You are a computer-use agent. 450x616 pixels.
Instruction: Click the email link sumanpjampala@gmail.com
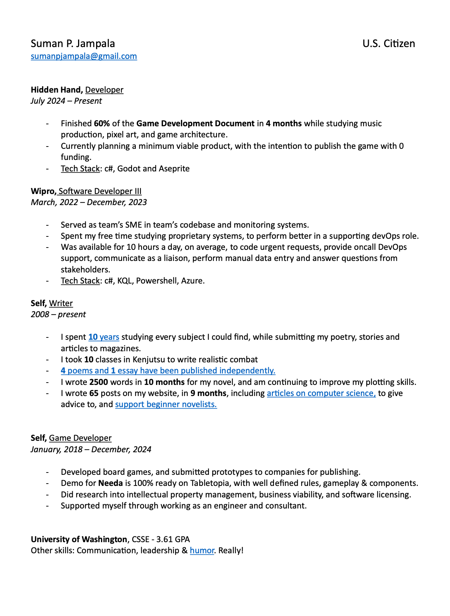click(x=84, y=56)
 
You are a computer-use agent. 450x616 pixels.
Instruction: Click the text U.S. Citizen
click(x=388, y=44)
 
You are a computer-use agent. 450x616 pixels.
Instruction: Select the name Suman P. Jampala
click(x=73, y=44)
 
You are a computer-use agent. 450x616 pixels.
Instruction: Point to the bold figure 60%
click(x=102, y=124)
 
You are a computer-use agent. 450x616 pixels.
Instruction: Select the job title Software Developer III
click(x=100, y=191)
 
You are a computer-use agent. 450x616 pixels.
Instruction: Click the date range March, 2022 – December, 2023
click(x=89, y=202)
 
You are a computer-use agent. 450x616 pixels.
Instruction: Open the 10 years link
click(x=104, y=337)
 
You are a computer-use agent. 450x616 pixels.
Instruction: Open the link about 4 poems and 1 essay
click(x=168, y=371)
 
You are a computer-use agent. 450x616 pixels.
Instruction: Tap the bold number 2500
click(x=99, y=382)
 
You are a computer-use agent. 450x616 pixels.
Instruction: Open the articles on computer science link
click(x=321, y=393)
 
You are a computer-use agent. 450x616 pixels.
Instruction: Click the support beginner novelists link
click(x=166, y=404)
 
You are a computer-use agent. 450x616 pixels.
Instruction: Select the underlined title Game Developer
click(x=80, y=438)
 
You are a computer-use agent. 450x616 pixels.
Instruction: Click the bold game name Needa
click(x=111, y=483)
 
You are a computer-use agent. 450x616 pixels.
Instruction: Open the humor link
click(x=202, y=551)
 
